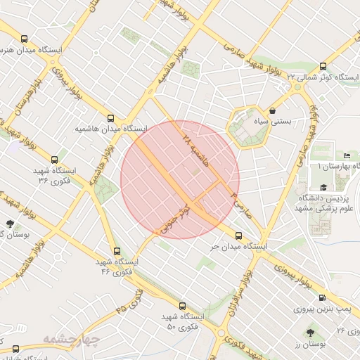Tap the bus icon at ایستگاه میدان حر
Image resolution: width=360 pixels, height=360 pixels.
coord(238,236)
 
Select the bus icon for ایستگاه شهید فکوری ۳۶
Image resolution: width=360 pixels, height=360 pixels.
coord(55,160)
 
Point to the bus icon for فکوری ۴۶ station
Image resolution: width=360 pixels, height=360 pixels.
coord(117,250)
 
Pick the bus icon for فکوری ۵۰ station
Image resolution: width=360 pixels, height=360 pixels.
coord(183,306)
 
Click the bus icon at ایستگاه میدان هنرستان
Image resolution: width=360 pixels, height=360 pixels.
coord(25,39)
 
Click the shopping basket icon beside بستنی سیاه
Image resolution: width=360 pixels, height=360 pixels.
coord(272,110)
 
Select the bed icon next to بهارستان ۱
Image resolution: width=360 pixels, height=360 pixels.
coord(347,155)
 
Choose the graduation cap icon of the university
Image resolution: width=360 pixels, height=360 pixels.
coord(323,187)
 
